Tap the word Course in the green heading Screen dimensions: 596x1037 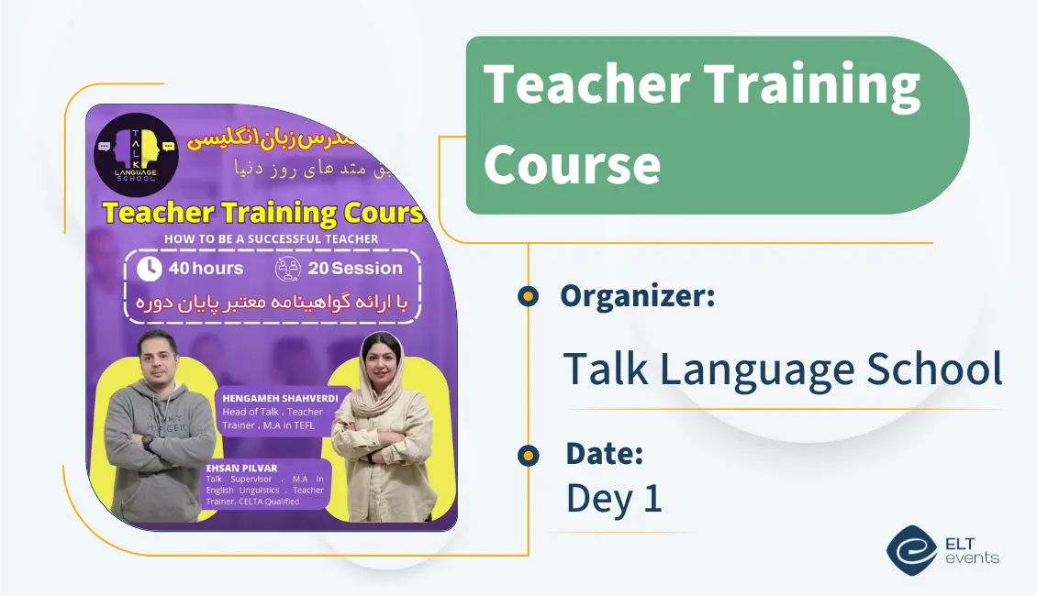coord(572,165)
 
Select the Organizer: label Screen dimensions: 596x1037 coord(637,295)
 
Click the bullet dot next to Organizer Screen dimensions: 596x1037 coord(528,296)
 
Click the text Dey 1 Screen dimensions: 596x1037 coord(613,498)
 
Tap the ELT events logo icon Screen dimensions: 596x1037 coord(910,549)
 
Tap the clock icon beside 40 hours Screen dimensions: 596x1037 coord(149,269)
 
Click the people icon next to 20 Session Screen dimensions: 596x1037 coord(288,269)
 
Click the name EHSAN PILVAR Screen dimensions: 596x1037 coord(231,469)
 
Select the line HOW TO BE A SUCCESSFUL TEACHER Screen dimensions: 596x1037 coord(271,238)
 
